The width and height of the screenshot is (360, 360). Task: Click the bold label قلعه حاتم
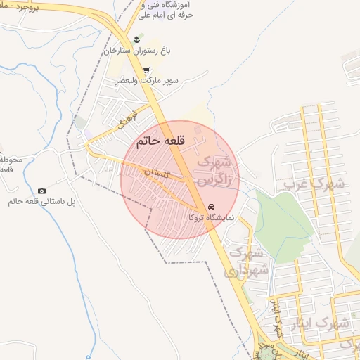pyautogui.click(x=160, y=141)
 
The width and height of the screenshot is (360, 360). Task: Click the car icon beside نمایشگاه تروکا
pyautogui.click(x=212, y=207)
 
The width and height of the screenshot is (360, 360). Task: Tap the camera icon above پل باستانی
pyautogui.click(x=41, y=191)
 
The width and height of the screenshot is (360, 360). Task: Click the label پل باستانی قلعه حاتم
pyautogui.click(x=41, y=202)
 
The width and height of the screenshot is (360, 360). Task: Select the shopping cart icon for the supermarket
pyautogui.click(x=146, y=70)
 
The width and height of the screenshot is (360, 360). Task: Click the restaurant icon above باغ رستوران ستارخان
pyautogui.click(x=138, y=39)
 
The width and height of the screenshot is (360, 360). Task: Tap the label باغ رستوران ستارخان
pyautogui.click(x=138, y=51)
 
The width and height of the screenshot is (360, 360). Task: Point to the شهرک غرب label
pyautogui.click(x=314, y=184)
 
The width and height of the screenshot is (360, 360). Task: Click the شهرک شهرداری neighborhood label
pyautogui.click(x=248, y=260)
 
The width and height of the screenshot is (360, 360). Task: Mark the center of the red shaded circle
pyautogui.click(x=180, y=180)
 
